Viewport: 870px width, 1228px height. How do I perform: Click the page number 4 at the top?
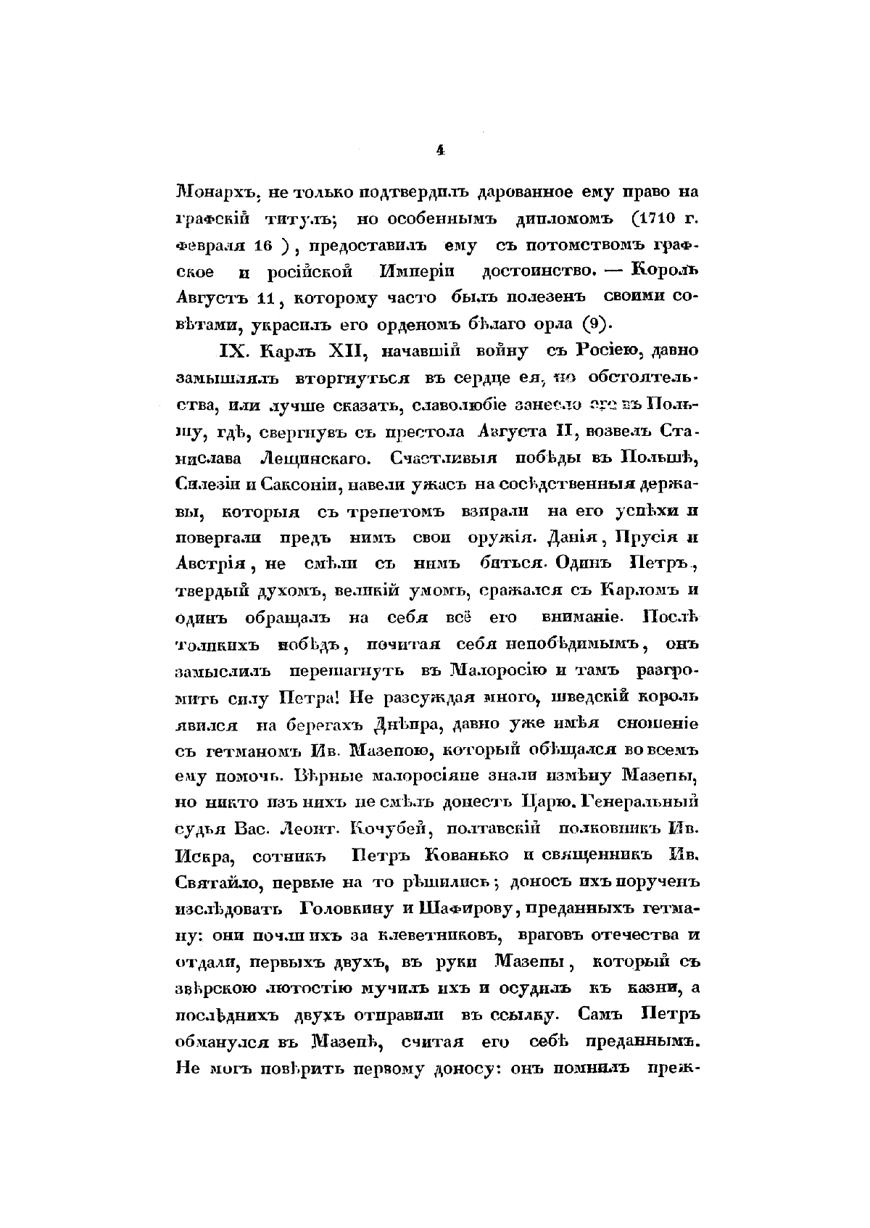pyautogui.click(x=439, y=150)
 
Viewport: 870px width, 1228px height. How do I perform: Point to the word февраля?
pyautogui.click(x=209, y=246)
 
